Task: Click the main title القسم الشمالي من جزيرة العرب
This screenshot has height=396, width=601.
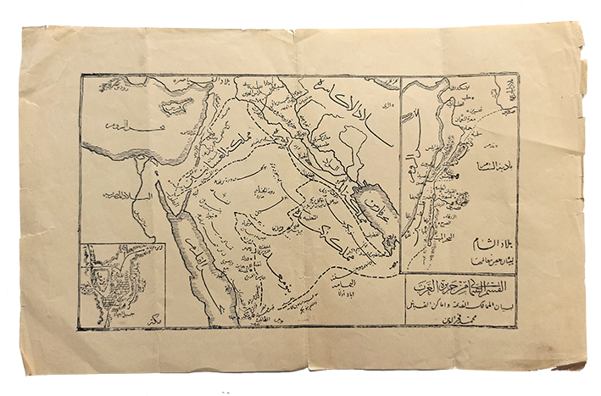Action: click(x=459, y=287)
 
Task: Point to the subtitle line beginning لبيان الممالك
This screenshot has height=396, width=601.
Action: click(x=459, y=302)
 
